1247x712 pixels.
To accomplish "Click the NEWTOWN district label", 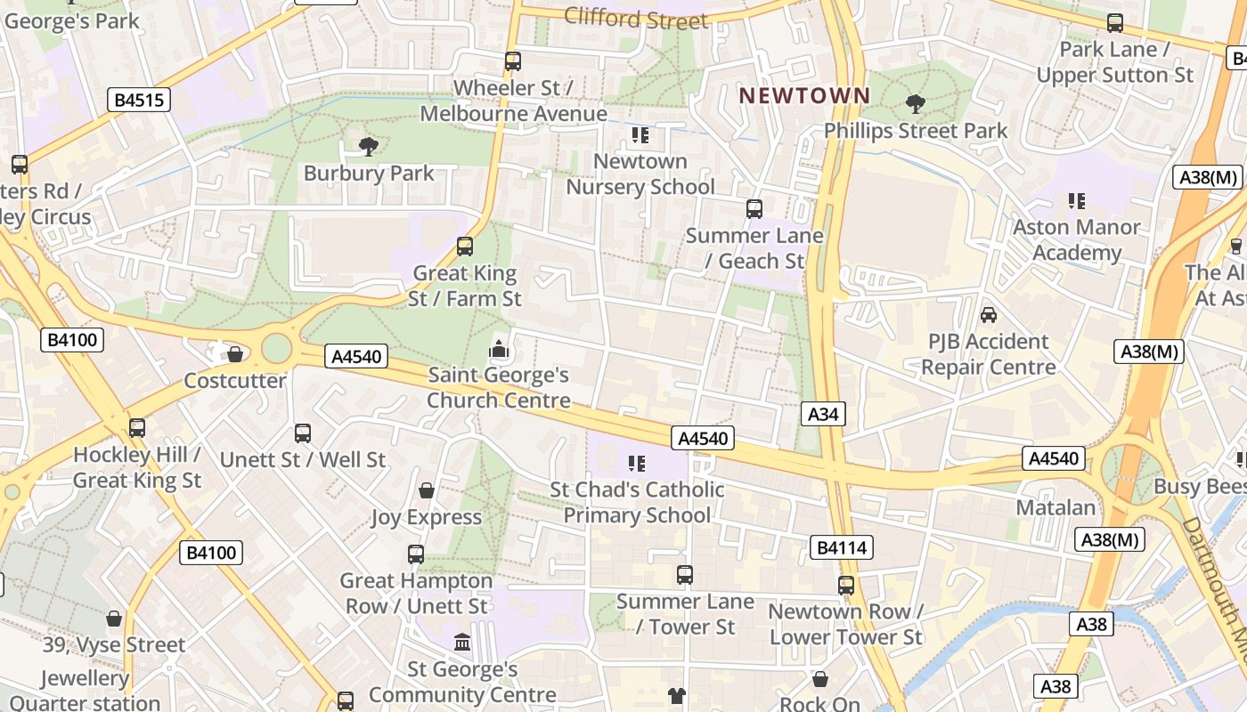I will [804, 95].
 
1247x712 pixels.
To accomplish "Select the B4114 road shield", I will [842, 547].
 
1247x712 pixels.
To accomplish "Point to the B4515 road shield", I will [140, 100].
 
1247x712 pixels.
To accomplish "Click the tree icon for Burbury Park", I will [368, 146].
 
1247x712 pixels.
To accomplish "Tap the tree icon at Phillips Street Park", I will [915, 104].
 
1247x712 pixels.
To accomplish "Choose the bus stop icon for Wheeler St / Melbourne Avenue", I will [512, 61].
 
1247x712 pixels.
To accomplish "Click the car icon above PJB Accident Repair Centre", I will [988, 315].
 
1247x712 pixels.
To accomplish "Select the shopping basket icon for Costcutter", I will [235, 354].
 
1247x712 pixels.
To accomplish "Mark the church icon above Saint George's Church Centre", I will [499, 349].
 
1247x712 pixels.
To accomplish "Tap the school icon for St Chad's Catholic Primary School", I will [637, 463].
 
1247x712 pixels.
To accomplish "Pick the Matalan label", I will [1055, 507].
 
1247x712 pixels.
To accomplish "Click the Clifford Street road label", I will [636, 18].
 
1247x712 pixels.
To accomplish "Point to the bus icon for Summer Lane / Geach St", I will [754, 209].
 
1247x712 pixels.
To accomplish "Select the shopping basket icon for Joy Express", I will [427, 490].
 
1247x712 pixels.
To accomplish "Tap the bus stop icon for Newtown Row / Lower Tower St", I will [845, 586].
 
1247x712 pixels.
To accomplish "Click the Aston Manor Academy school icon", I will [1077, 201].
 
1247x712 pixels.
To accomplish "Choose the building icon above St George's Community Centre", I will [462, 642].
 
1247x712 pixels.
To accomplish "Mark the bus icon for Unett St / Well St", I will [303, 433].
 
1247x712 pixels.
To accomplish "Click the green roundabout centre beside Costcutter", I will [276, 347].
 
